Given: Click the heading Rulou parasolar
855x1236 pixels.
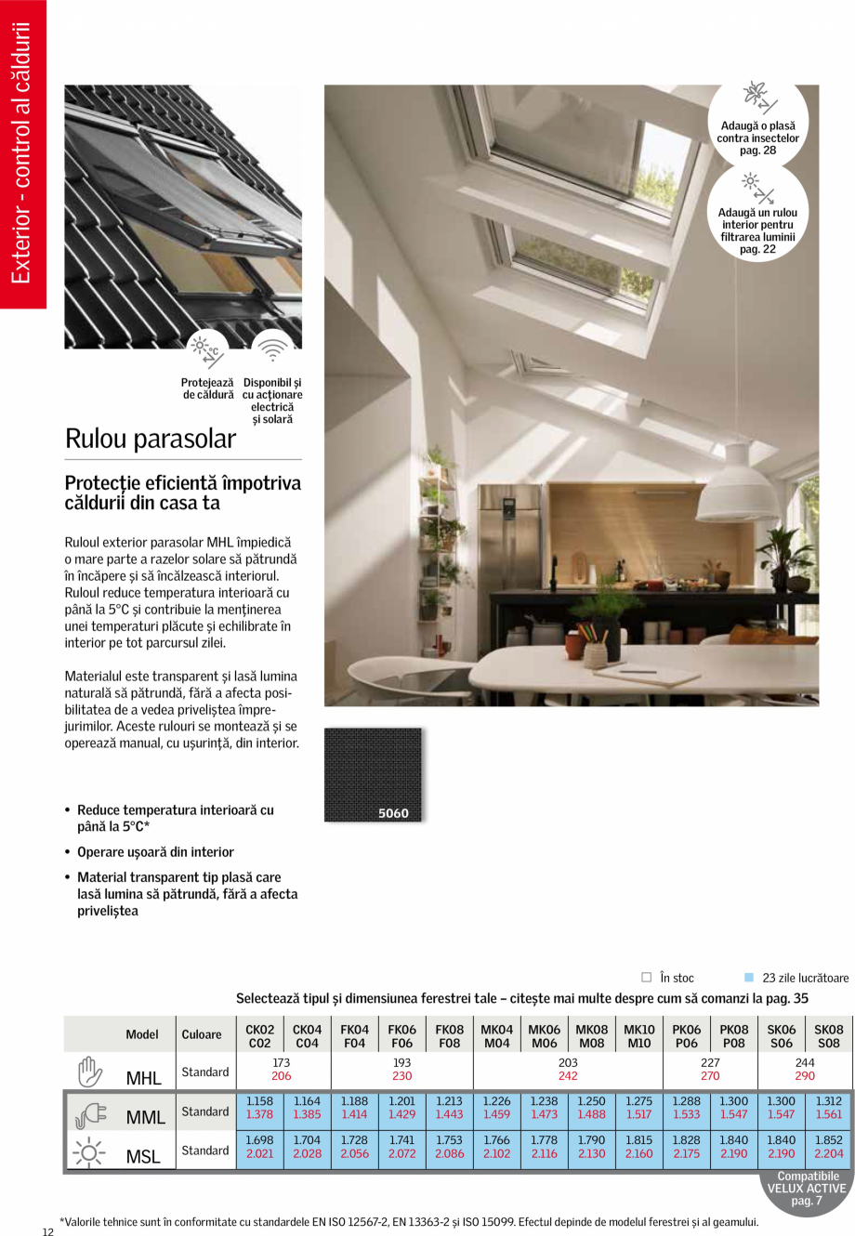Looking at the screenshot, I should tap(151, 440).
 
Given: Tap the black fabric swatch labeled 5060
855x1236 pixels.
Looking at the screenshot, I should tap(373, 775).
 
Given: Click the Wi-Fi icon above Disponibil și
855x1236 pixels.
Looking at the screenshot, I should tap(272, 349).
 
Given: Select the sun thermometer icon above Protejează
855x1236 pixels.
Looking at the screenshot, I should tap(206, 349).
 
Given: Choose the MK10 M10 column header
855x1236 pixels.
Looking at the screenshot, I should tap(638, 1036).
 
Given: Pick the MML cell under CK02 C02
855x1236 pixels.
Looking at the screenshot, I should tap(259, 1108).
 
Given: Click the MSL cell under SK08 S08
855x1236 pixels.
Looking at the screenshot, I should tap(828, 1147).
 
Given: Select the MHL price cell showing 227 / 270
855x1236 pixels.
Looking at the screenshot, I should tap(710, 1069).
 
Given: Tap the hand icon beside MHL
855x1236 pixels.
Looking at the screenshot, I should tap(90, 1072).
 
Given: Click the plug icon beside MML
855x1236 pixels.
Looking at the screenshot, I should tap(90, 1112).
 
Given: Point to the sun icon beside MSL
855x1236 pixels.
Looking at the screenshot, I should tap(90, 1151).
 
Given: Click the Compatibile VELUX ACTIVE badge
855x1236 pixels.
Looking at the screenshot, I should tap(807, 1190).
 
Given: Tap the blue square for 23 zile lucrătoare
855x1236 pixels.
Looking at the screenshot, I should tap(749, 978).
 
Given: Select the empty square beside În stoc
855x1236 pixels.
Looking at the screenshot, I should tap(647, 978).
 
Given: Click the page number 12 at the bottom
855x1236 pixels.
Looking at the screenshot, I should tap(48, 1232).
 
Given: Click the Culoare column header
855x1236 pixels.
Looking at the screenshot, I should tap(202, 1034).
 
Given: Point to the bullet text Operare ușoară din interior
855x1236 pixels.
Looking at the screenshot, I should tap(155, 852).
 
